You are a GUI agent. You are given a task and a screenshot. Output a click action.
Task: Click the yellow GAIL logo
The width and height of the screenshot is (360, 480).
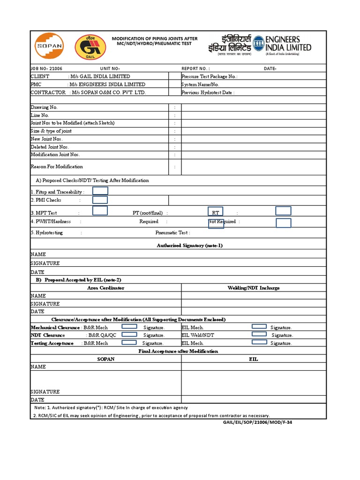[87, 47]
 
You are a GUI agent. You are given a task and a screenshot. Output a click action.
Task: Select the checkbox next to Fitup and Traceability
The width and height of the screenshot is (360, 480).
[100, 190]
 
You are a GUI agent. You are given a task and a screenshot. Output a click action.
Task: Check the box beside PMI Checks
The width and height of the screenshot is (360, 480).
[100, 200]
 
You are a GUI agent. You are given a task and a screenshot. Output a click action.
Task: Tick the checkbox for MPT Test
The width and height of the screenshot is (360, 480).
[100, 211]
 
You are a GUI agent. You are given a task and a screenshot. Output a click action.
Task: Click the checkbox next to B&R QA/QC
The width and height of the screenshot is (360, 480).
[129, 334]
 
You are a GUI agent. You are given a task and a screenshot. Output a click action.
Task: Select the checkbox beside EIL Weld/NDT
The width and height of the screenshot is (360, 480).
[259, 334]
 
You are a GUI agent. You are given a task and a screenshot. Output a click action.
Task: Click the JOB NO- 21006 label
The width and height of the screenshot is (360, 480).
[46, 68]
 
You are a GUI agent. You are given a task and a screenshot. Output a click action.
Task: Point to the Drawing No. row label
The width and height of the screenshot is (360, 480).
[44, 107]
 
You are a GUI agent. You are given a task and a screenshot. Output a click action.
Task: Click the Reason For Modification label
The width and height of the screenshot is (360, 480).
[57, 166]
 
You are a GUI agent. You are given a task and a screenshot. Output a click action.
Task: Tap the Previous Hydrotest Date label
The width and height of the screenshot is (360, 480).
[208, 92]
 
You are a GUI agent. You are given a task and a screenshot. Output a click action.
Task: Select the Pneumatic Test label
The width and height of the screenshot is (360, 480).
[172, 232]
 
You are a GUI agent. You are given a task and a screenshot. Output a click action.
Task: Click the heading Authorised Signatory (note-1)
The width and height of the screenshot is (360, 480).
[189, 245]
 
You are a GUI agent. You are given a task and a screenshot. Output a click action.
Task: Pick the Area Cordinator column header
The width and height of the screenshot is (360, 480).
[105, 287]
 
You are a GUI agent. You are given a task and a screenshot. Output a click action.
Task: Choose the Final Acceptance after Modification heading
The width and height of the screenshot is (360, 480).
[178, 351]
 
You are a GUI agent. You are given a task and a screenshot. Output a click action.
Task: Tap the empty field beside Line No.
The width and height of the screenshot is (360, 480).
[254, 115]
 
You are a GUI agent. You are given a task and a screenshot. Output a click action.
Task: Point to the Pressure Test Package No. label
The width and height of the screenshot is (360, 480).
[210, 76]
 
